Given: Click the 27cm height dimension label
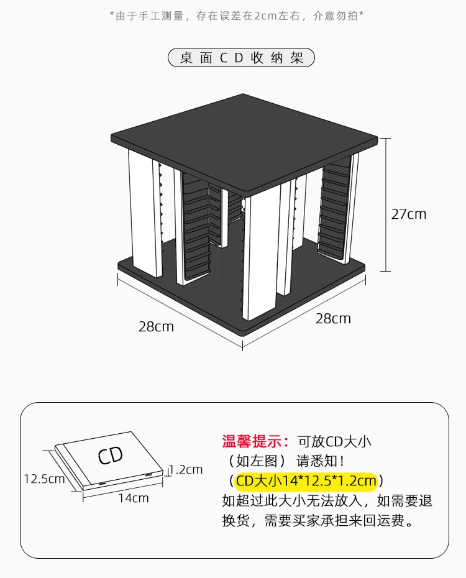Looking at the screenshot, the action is [x=409, y=214].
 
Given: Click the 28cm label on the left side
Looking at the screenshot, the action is [x=156, y=326].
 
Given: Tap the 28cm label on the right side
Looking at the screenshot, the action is [x=333, y=318].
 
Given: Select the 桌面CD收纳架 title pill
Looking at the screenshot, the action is [x=241, y=58].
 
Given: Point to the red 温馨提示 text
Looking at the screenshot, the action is [x=255, y=441].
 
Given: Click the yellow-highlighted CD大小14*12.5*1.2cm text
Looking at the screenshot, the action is [x=306, y=481].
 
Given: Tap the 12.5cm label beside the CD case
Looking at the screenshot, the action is [x=44, y=479].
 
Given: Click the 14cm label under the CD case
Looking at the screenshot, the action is [x=134, y=498].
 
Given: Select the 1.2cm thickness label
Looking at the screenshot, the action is [x=186, y=470].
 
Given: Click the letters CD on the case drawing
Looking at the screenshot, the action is [x=110, y=455].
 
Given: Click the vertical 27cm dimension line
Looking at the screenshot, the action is [x=385, y=204].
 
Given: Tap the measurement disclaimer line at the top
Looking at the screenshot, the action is [x=237, y=16].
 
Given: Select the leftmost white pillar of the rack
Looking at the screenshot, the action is [x=145, y=213].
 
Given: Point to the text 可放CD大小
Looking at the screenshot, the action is [x=334, y=441].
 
